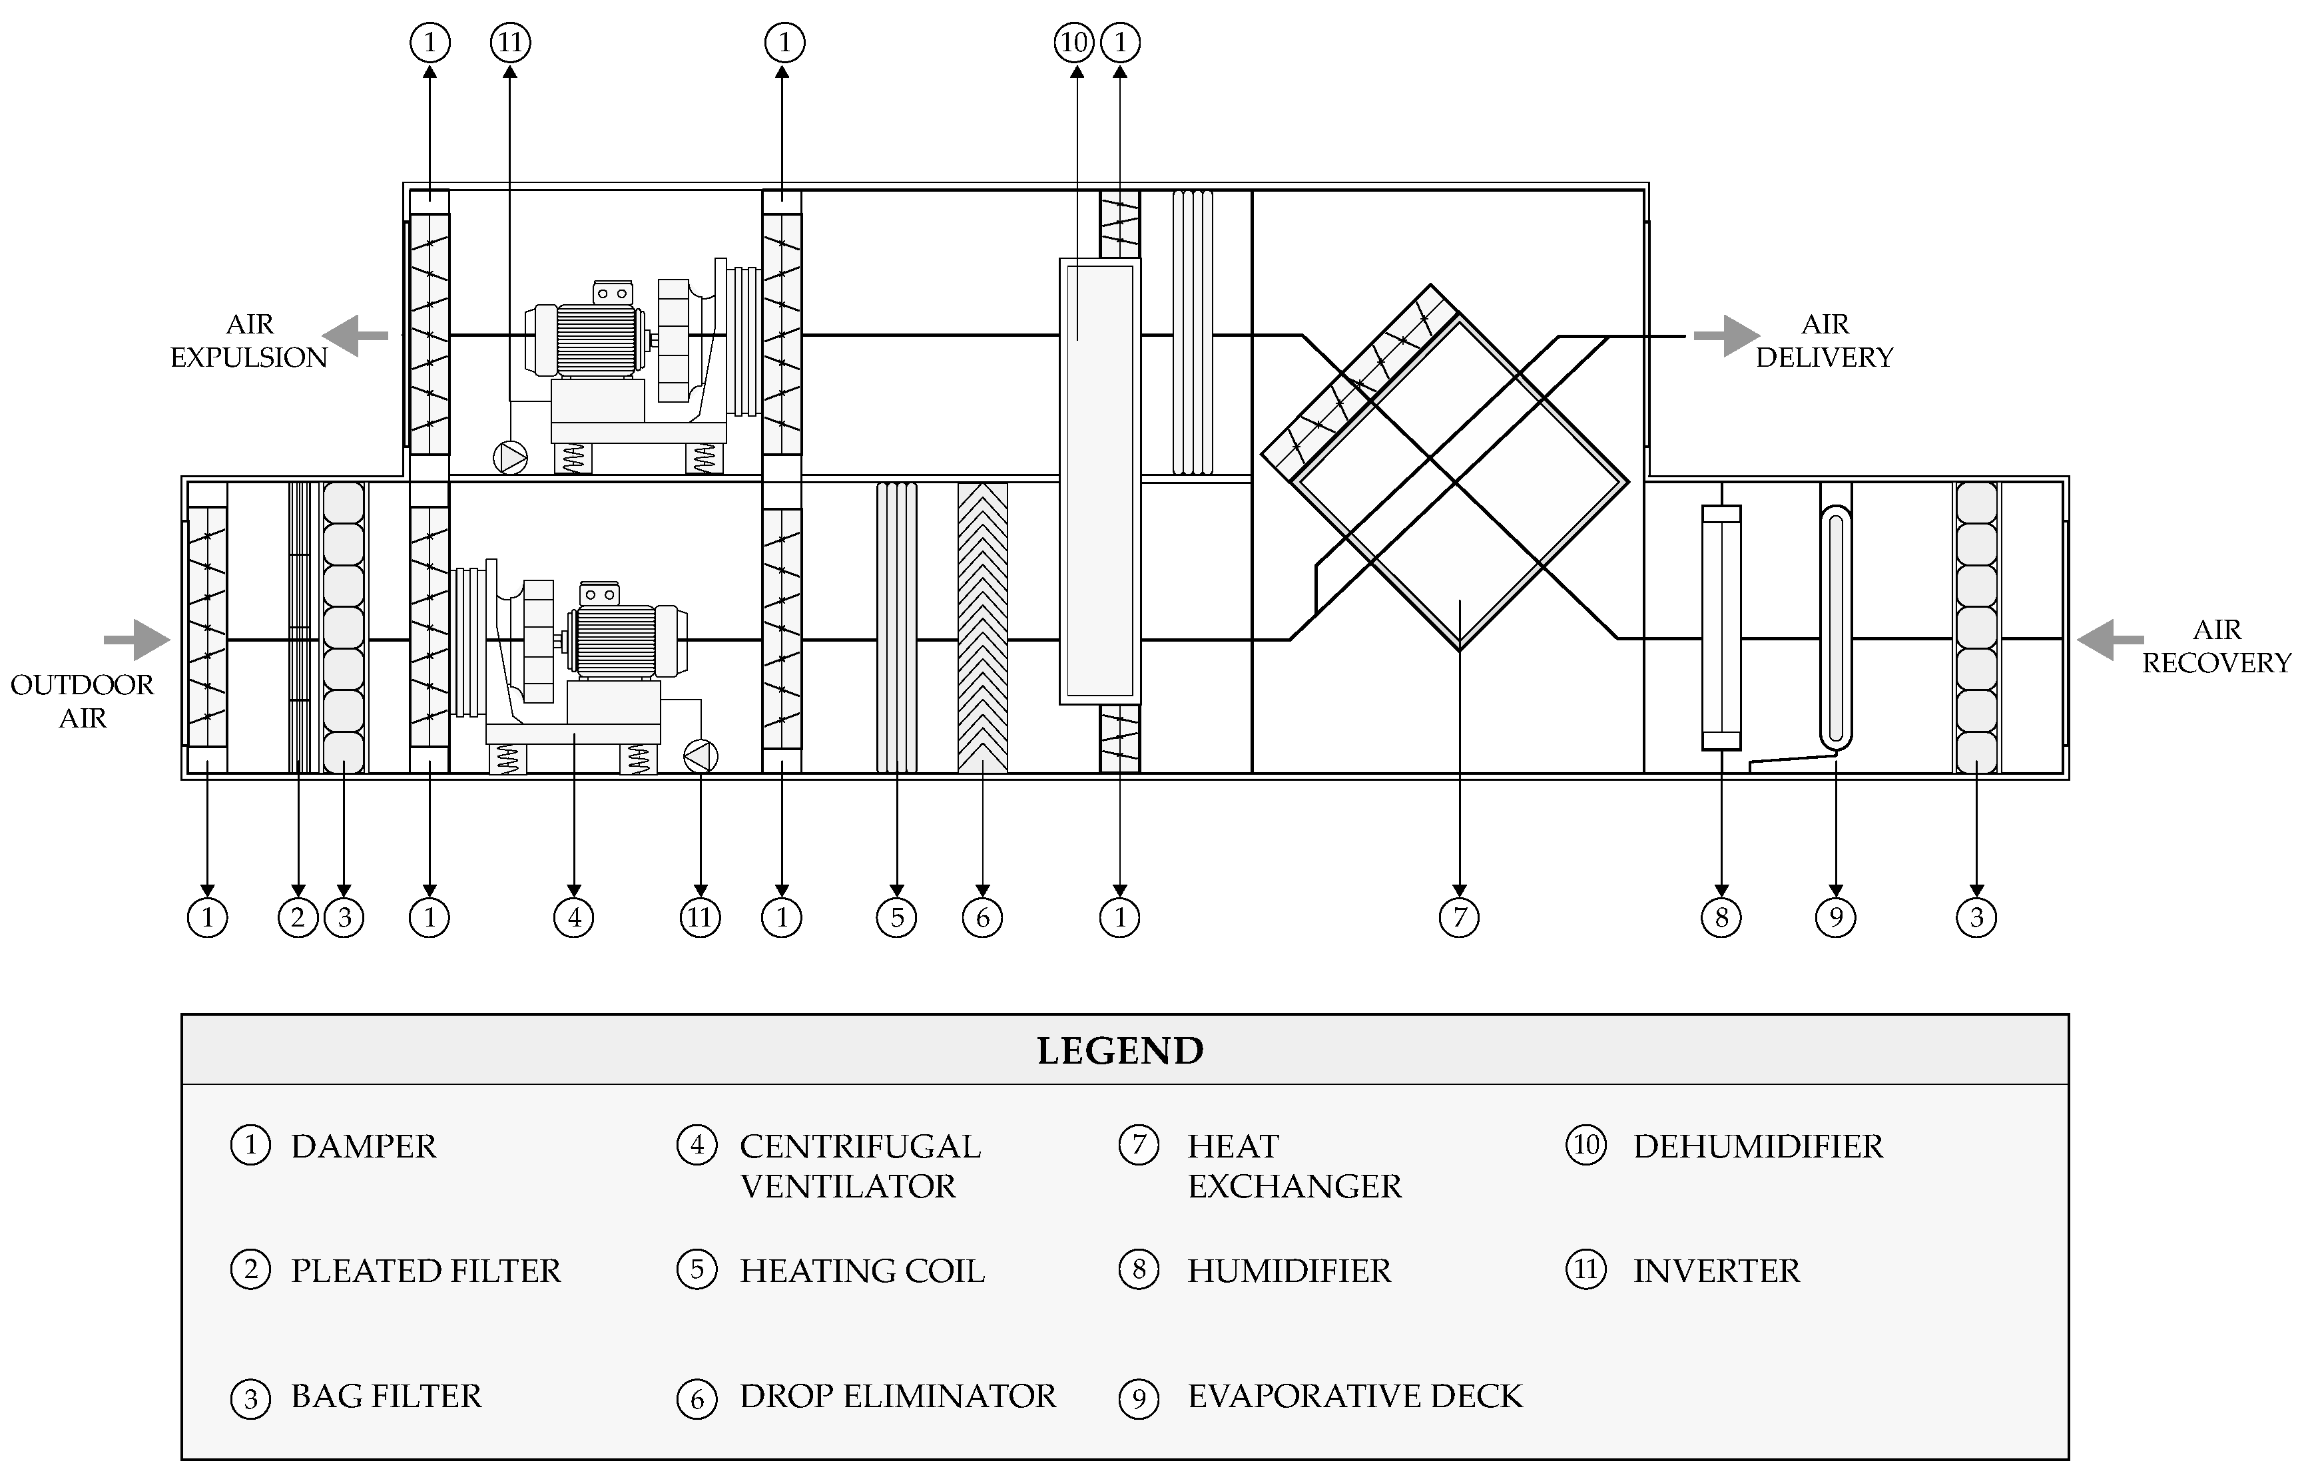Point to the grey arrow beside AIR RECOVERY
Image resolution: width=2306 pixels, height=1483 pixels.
pyautogui.click(x=2110, y=640)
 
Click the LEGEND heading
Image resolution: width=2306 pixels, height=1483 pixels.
pyautogui.click(x=1119, y=1050)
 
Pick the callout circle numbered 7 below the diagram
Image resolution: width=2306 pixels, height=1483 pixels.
pyautogui.click(x=1458, y=917)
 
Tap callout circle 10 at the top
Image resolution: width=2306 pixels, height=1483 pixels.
pyautogui.click(x=1074, y=43)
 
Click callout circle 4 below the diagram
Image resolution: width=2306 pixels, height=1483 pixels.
pyautogui.click(x=573, y=917)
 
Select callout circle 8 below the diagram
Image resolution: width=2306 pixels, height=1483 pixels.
pyautogui.click(x=1721, y=917)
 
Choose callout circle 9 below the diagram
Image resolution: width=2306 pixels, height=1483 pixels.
pyautogui.click(x=1835, y=917)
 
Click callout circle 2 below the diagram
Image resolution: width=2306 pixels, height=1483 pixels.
pyautogui.click(x=298, y=917)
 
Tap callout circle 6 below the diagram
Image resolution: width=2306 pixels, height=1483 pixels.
pyautogui.click(x=982, y=917)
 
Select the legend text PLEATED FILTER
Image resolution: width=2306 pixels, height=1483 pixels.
pyautogui.click(x=425, y=1271)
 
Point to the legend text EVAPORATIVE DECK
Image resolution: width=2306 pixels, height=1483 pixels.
pyautogui.click(x=1354, y=1396)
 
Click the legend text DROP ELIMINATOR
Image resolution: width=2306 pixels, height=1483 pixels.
pyautogui.click(x=897, y=1396)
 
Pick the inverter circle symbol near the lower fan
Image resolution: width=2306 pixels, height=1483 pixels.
pyautogui.click(x=701, y=756)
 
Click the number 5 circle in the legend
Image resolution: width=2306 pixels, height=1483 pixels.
pyautogui.click(x=697, y=1270)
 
